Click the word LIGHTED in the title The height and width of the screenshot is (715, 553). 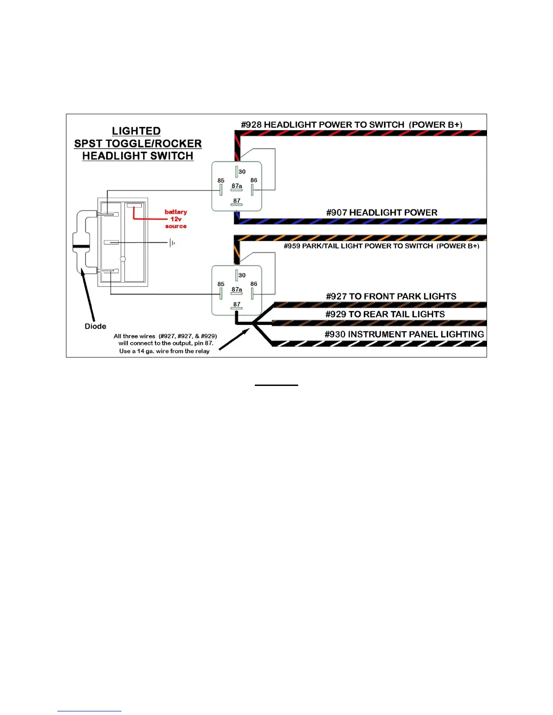[x=136, y=131]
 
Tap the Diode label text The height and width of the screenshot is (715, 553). [x=95, y=326]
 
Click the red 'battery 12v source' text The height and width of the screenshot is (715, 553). [x=176, y=219]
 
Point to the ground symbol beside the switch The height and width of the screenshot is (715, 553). [x=172, y=243]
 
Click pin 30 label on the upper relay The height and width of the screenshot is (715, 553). [x=242, y=172]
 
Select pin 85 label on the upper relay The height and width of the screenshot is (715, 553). [x=221, y=181]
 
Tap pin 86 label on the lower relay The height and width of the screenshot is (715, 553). [x=254, y=284]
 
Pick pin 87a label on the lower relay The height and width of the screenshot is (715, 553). [x=237, y=289]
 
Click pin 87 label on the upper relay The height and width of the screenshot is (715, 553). [x=237, y=201]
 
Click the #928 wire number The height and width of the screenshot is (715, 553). [x=251, y=125]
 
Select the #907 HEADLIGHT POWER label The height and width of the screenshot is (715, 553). [x=382, y=213]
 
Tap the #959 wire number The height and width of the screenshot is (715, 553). [x=292, y=246]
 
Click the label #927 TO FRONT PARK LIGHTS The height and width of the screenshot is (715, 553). [x=391, y=297]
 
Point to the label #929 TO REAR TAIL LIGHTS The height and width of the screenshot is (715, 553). [x=385, y=314]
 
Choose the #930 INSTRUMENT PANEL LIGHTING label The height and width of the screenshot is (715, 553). [x=404, y=334]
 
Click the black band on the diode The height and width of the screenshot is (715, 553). [x=81, y=246]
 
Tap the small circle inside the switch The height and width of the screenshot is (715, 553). [x=123, y=259]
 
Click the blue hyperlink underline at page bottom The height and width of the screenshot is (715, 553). [x=89, y=711]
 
